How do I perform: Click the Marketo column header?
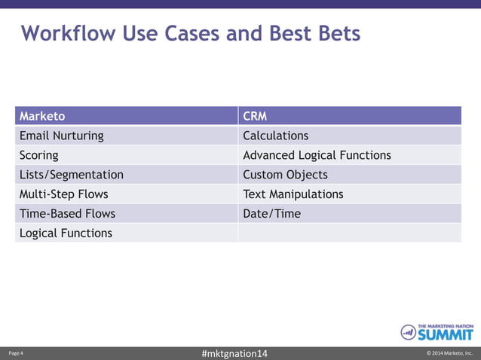click(42, 116)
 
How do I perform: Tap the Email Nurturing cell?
click(62, 136)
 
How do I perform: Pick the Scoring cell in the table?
click(39, 155)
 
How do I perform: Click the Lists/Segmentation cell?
click(72, 175)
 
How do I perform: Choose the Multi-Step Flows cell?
click(64, 194)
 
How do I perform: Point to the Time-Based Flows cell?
click(68, 214)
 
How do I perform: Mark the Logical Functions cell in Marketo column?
click(66, 233)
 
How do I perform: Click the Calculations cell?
click(276, 136)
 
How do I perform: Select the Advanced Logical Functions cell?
click(317, 155)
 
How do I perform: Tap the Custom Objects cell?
click(285, 175)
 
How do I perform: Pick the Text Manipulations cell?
click(293, 194)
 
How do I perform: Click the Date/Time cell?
click(271, 214)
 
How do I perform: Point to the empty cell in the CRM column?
click(349, 233)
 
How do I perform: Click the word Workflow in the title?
click(65, 34)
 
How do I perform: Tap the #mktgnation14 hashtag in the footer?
click(235, 353)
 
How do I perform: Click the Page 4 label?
click(16, 353)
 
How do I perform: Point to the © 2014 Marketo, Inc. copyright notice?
click(449, 353)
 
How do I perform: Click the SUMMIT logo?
click(437, 332)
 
